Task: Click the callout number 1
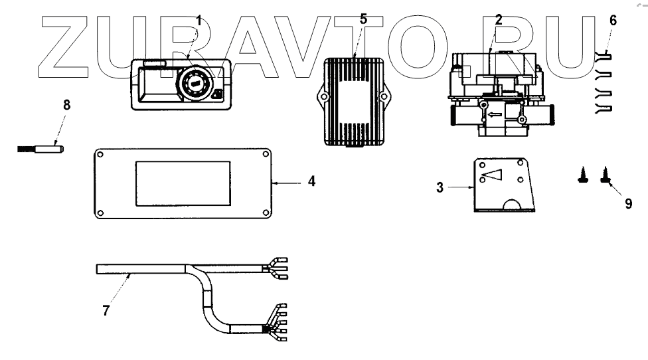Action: click(x=199, y=21)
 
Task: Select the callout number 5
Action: click(x=363, y=19)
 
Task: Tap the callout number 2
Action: click(x=499, y=19)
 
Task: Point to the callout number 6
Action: click(x=613, y=21)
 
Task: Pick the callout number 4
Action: click(x=311, y=180)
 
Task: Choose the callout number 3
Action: click(x=440, y=187)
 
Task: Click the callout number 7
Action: click(x=106, y=310)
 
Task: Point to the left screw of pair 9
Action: click(x=583, y=176)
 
